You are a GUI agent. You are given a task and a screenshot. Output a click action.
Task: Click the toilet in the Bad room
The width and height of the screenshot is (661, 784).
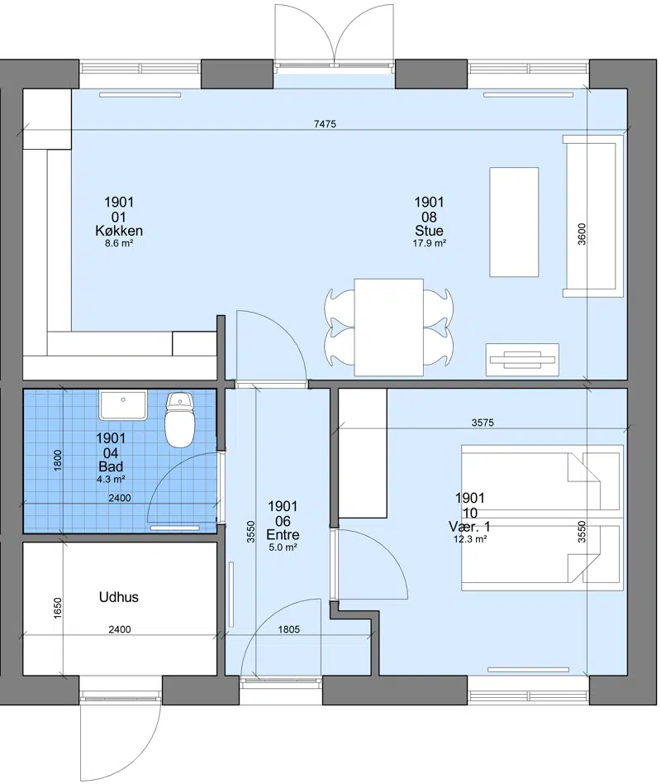click(179, 419)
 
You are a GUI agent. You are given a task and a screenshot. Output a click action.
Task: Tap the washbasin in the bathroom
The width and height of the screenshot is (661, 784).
click(123, 405)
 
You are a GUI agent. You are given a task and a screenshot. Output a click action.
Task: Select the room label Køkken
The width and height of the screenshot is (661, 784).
click(119, 231)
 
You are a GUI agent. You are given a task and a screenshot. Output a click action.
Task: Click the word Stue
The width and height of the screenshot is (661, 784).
click(429, 231)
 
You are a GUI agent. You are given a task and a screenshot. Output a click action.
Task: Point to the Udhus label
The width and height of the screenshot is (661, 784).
click(119, 597)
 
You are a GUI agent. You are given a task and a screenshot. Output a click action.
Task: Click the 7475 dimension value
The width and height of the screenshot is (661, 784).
click(325, 124)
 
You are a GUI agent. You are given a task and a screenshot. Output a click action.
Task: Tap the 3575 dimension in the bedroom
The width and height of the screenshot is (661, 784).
click(483, 423)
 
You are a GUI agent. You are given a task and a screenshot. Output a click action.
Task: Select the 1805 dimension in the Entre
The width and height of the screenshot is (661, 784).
click(289, 629)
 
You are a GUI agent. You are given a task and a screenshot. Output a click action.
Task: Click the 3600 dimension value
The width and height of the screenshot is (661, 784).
click(582, 234)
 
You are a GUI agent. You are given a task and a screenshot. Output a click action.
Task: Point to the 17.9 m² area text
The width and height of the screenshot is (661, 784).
click(429, 243)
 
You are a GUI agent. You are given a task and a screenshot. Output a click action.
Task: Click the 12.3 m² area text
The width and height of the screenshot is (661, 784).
click(470, 539)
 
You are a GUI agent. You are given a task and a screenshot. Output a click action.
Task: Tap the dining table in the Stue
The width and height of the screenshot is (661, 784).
click(388, 327)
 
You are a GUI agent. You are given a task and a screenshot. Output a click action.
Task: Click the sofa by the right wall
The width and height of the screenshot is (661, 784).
click(593, 216)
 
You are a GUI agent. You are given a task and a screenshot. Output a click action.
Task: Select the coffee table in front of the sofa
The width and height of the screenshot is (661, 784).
click(514, 222)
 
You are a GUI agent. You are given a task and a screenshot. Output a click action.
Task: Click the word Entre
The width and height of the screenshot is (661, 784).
click(283, 534)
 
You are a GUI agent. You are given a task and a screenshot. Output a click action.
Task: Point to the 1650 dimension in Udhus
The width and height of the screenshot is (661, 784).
click(58, 608)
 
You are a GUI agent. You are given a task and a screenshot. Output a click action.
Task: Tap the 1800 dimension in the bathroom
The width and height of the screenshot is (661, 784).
click(58, 461)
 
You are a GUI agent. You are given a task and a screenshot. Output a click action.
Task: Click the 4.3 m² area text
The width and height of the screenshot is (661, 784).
click(111, 480)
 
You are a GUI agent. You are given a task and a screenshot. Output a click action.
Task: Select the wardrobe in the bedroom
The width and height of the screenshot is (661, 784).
click(363, 453)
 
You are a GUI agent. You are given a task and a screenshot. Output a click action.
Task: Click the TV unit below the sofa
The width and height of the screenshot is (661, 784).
click(522, 360)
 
